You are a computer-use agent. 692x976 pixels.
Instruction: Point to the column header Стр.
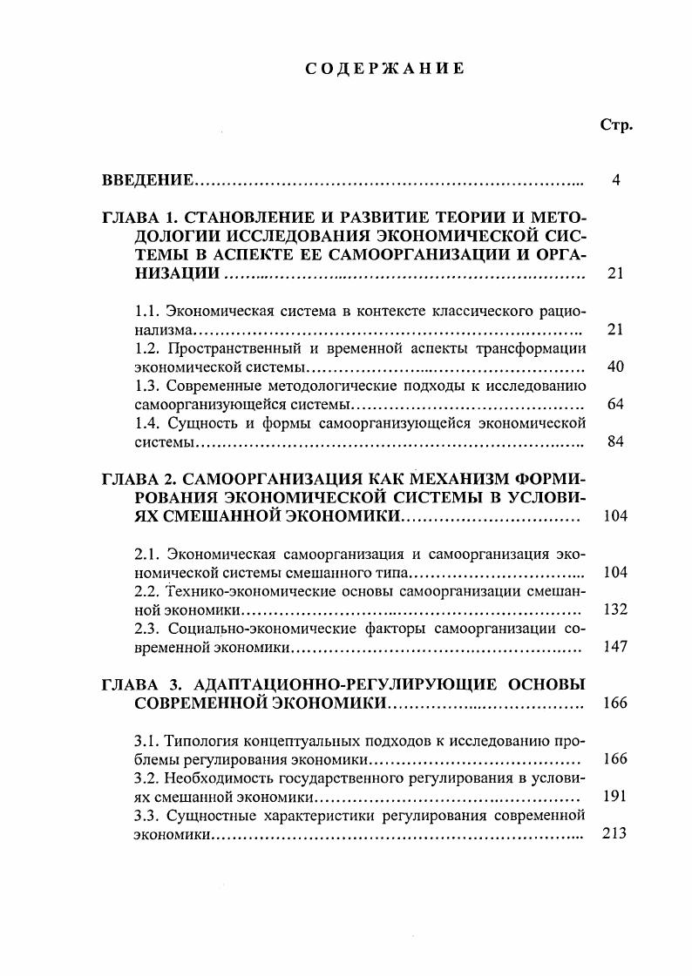(616, 125)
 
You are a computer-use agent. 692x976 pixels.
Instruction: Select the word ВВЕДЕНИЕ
(147, 180)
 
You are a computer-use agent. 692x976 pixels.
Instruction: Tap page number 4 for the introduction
(615, 180)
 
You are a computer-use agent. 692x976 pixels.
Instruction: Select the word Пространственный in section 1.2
(231, 348)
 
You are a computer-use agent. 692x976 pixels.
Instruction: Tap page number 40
(615, 367)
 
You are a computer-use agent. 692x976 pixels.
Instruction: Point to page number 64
(615, 404)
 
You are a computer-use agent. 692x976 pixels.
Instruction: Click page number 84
(615, 441)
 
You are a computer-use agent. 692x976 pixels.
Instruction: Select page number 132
(615, 609)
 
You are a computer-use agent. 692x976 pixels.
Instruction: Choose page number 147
(615, 647)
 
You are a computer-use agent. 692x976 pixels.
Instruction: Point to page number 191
(615, 796)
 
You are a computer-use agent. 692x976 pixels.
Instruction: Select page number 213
(615, 833)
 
